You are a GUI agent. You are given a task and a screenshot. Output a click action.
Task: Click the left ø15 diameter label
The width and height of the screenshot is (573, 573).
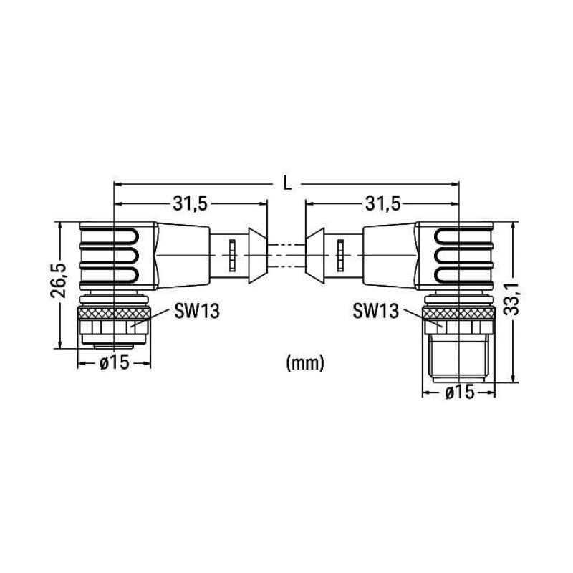(x=114, y=363)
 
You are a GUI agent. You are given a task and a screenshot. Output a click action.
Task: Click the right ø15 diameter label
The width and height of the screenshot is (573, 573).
(x=459, y=392)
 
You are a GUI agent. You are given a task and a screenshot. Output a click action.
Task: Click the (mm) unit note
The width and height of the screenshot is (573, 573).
(x=305, y=363)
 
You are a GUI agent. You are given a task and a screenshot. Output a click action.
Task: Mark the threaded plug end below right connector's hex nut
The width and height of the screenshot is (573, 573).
(x=458, y=362)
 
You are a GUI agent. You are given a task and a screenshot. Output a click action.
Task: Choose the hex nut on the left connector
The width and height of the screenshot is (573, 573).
(x=114, y=329)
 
